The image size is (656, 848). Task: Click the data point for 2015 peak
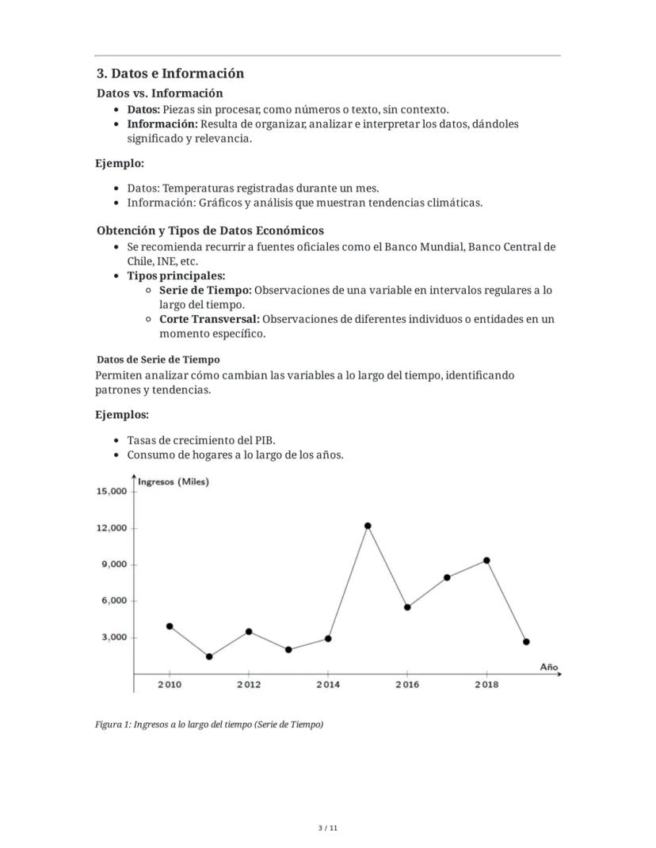(x=368, y=526)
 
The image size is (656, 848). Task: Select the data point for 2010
(x=170, y=626)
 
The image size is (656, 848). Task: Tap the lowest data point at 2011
(x=209, y=656)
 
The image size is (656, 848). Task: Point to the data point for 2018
(x=486, y=561)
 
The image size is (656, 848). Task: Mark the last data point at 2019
(x=526, y=641)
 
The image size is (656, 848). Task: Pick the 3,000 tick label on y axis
(x=114, y=637)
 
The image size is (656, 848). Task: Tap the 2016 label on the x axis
(x=407, y=685)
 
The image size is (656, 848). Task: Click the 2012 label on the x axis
(x=249, y=685)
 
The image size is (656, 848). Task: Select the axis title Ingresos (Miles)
(x=174, y=481)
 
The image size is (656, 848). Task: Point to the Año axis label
(x=549, y=667)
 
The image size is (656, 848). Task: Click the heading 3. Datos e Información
(x=170, y=74)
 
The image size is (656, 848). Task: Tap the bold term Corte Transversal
(x=209, y=319)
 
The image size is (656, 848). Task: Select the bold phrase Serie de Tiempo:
(x=205, y=290)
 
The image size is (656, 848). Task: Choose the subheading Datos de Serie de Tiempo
(x=158, y=359)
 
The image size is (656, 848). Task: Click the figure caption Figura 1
(x=209, y=724)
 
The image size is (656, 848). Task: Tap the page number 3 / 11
(x=328, y=828)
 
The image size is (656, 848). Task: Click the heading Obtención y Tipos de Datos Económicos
(x=210, y=230)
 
